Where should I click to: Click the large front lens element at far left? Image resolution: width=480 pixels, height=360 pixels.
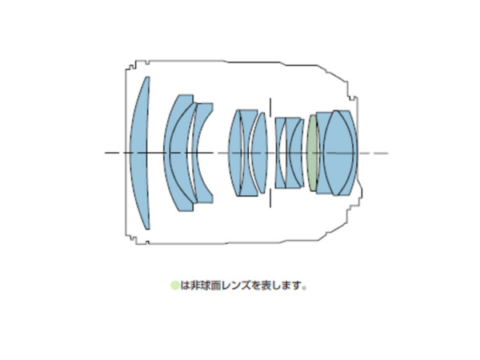pos(140,153)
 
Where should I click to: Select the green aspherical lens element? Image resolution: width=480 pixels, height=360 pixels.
pos(313,153)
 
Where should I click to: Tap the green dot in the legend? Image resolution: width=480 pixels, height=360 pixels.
pos(174,286)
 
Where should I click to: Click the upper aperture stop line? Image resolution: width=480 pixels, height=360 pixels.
pos(270,107)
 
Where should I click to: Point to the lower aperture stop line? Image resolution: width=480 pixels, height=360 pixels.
pos(270,198)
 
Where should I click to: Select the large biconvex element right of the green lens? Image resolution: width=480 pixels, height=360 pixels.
pos(338,153)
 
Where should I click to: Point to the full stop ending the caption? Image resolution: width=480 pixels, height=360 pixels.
pos(304,288)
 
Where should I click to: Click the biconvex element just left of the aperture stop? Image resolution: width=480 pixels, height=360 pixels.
pos(259,153)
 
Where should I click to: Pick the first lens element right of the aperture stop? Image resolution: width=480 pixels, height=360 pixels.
pos(279,153)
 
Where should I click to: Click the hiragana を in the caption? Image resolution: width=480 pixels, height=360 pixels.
pos(254,286)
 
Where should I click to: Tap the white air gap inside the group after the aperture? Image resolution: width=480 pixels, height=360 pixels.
pos(283,153)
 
